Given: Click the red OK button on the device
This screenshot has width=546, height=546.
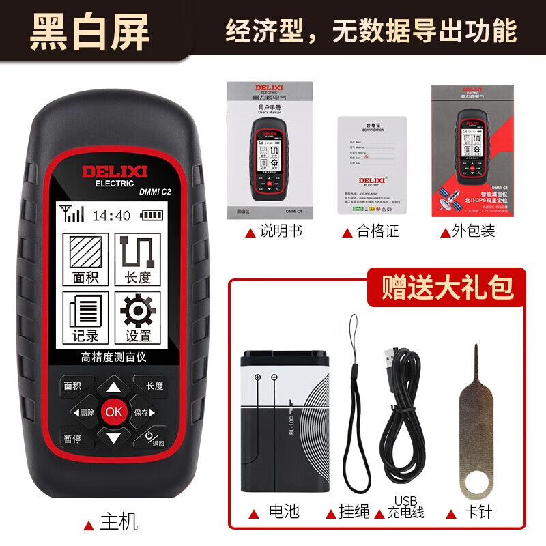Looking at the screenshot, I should [x=113, y=412].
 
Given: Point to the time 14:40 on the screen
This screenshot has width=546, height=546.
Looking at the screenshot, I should [x=111, y=216].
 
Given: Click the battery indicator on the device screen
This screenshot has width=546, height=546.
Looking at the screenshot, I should [x=152, y=216].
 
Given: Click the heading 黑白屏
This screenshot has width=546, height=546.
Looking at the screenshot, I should [x=89, y=32].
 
